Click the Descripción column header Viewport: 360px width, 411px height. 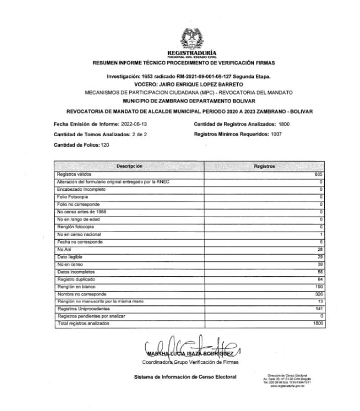tap(129, 166)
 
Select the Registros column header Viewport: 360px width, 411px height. tap(264, 166)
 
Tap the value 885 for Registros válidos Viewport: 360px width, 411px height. tap(318, 174)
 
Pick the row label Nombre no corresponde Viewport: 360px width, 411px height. tap(81, 294)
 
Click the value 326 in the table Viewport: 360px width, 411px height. tap(318, 294)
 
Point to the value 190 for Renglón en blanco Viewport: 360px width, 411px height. tap(318, 286)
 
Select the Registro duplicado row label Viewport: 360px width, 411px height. tap(76, 279)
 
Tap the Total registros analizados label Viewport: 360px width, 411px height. tap(83, 324)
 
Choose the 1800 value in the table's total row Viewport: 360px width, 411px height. tap(317, 324)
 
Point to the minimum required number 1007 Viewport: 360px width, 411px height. tap(276, 134)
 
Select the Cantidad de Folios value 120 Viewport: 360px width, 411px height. tap(105, 145)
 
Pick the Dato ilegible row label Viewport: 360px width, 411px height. tap(70, 257)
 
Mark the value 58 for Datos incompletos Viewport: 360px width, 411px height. tap(319, 271)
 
